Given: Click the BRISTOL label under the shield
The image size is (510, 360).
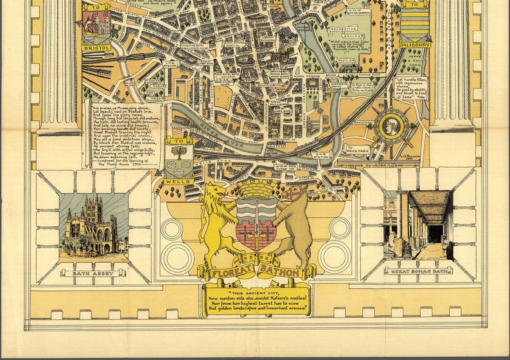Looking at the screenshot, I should (96, 48).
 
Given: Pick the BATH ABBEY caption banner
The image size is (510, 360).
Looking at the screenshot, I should (91, 273).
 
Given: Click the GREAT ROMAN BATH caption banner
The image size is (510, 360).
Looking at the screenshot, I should (418, 271).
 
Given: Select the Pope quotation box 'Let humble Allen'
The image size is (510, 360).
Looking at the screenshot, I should (410, 87).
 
